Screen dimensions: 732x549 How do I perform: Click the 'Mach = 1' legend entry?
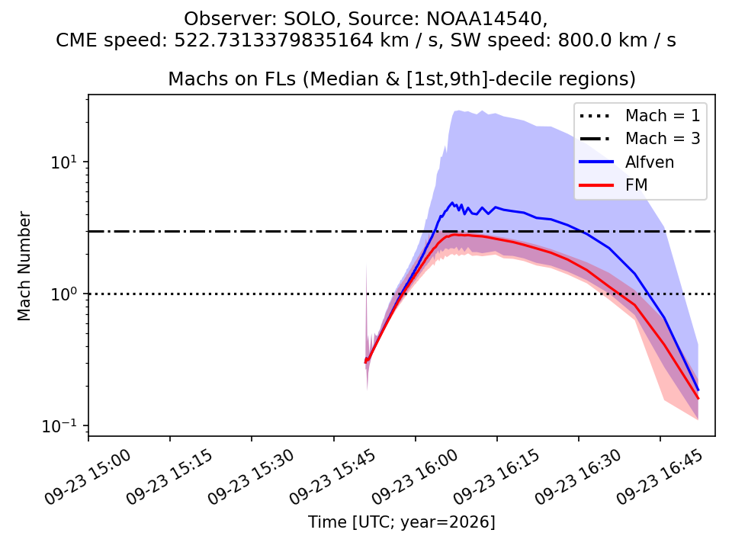click(x=640, y=115)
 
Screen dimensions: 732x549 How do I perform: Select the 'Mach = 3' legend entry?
click(x=640, y=138)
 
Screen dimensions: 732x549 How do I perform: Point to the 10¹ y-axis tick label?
click(x=63, y=162)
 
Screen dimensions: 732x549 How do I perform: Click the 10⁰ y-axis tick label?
click(x=63, y=294)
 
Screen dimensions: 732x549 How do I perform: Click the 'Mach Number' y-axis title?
click(x=24, y=266)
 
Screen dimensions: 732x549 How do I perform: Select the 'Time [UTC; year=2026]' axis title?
click(x=402, y=522)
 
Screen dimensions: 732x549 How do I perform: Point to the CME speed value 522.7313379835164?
click(x=274, y=40)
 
